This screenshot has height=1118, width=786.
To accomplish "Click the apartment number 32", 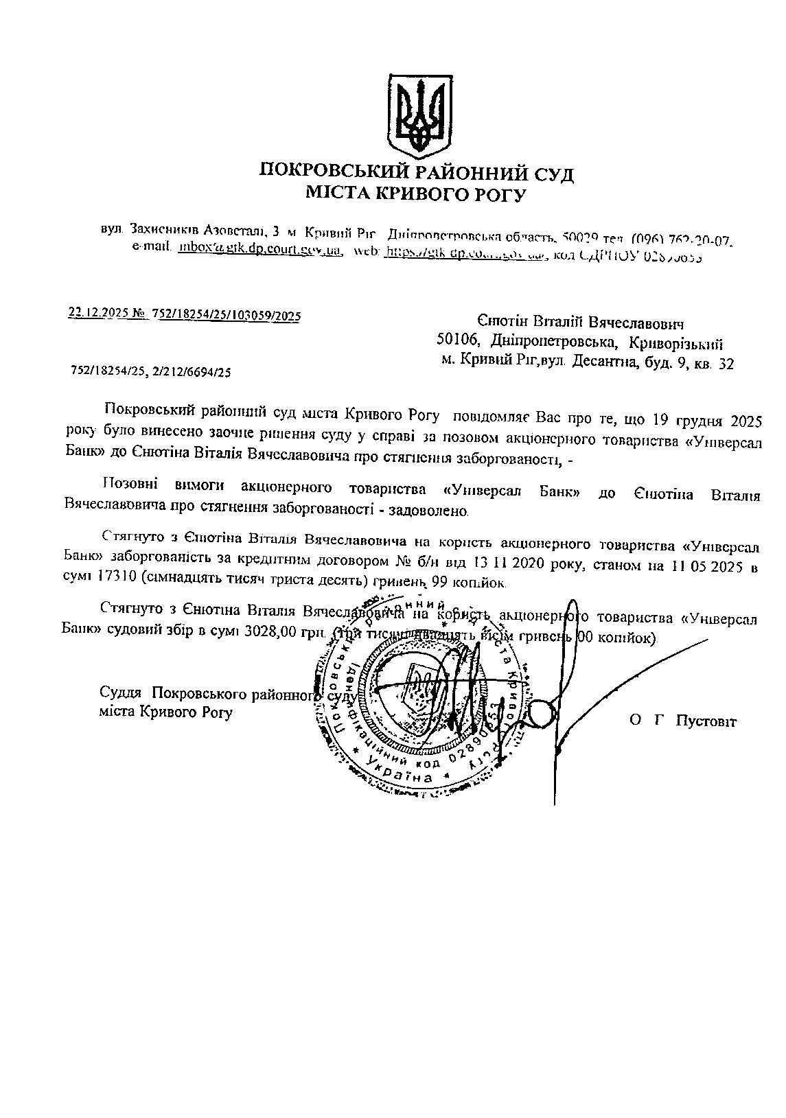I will [726, 364].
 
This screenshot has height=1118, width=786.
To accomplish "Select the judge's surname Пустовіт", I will [706, 721].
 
